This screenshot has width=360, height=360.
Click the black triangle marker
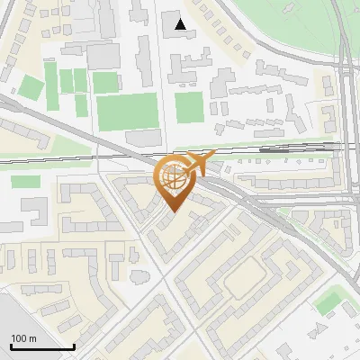click(181, 24)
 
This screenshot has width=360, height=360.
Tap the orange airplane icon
click(199, 163)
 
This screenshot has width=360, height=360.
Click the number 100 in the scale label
click(19, 338)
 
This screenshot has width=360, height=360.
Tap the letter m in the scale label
click(32, 338)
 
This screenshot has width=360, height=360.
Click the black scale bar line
click(42, 346)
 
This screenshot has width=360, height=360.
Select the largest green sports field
click(127, 112)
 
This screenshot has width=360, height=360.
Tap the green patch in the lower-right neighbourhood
click(331, 301)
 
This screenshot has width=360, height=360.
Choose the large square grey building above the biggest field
click(103, 55)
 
